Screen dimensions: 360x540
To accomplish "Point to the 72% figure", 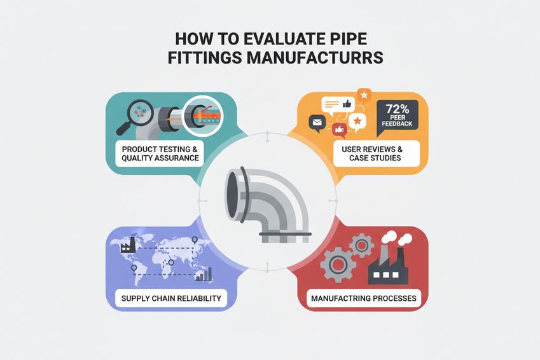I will click(x=397, y=108).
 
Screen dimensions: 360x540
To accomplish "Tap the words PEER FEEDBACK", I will click(x=397, y=123).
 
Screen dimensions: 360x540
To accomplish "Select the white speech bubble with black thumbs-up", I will click(x=336, y=105).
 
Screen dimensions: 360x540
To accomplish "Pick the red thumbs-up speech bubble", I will click(x=339, y=130).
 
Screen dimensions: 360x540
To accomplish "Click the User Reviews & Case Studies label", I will click(x=375, y=153).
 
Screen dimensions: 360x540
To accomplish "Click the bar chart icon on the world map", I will click(x=204, y=274).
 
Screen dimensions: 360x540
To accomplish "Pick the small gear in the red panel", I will click(x=362, y=244).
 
